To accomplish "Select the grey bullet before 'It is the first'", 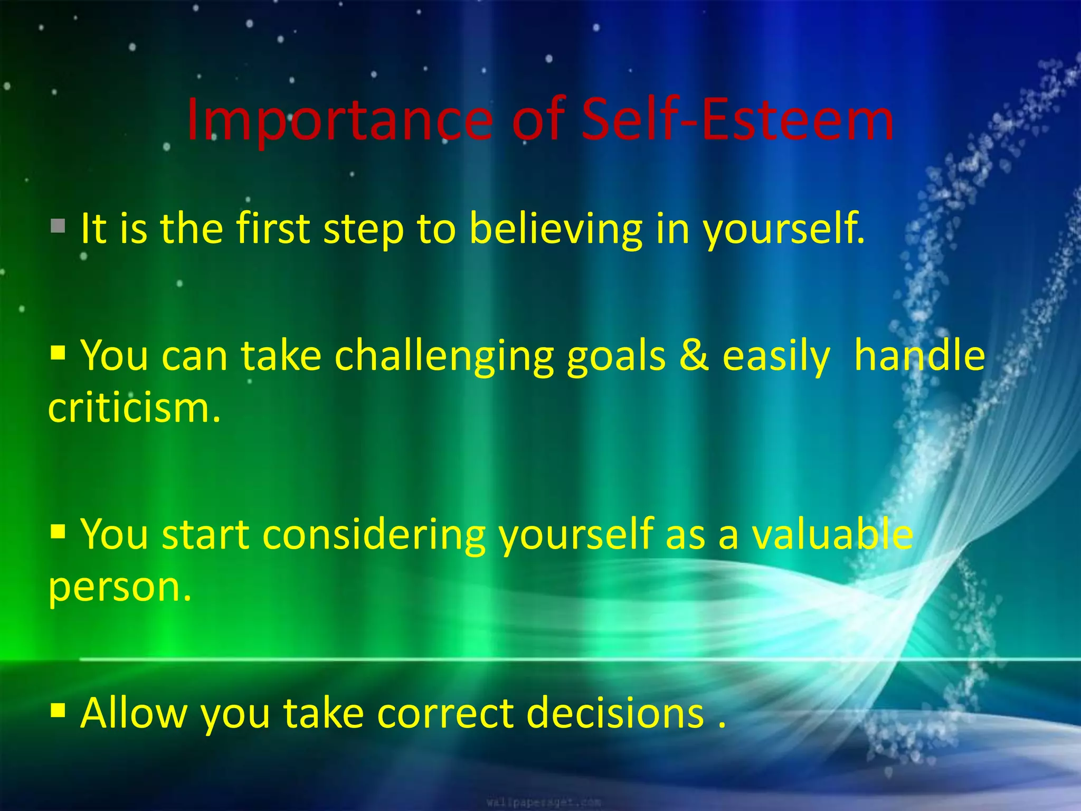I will tap(58, 227).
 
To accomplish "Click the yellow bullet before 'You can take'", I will tap(58, 352).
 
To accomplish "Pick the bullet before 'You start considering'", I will tap(58, 530).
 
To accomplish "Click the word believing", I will tap(556, 229).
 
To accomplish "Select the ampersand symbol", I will tap(694, 355).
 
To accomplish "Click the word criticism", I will tap(134, 408).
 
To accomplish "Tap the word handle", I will tap(919, 355).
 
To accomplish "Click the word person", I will tap(119, 588).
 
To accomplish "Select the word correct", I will tap(445, 713).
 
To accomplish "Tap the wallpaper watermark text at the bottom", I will tap(543, 803).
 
